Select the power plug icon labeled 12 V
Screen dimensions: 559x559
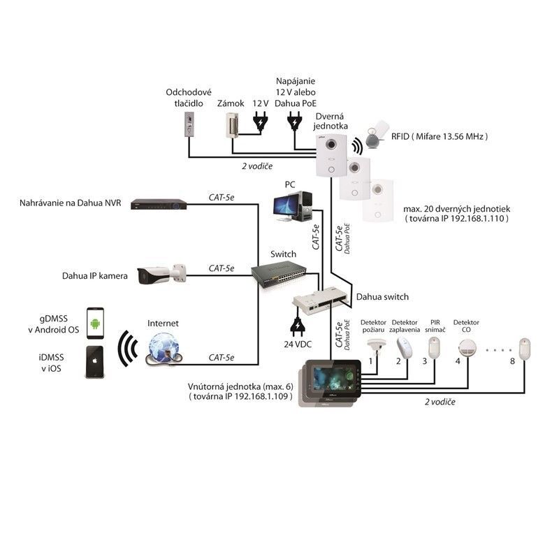pos(261,122)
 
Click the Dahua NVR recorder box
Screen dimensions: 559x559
pos(160,204)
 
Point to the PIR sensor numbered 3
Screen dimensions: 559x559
pos(435,346)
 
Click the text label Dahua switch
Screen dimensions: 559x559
pos(382,296)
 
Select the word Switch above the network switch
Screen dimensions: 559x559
pos(283,254)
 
